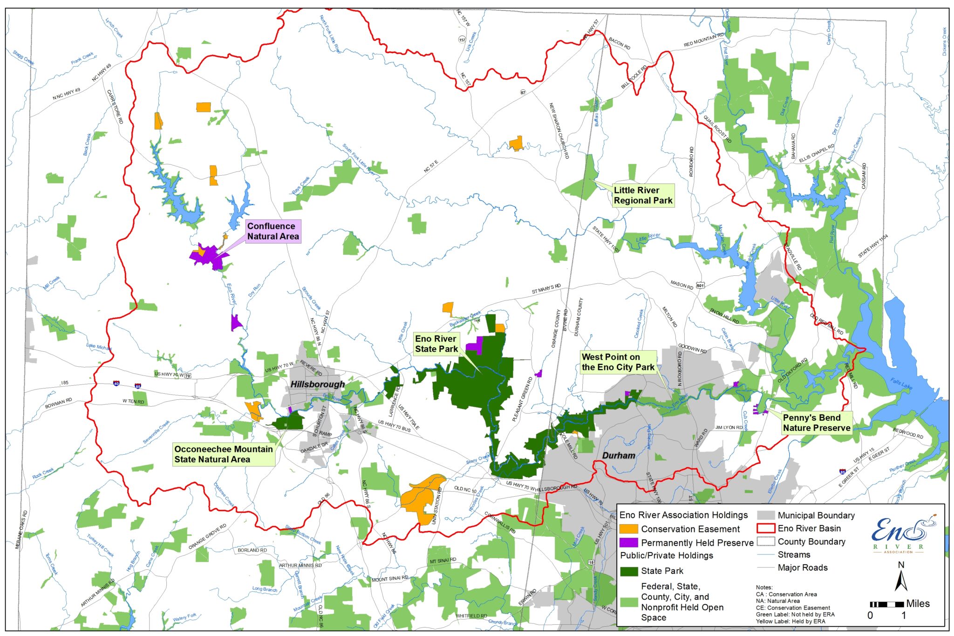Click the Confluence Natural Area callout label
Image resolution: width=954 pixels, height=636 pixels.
[x=273, y=232]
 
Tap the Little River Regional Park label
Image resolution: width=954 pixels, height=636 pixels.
[x=643, y=195]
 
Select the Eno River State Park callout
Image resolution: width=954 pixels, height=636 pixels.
[x=436, y=344]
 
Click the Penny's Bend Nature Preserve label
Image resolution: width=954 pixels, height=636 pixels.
[x=817, y=423]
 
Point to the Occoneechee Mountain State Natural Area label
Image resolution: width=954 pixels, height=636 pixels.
[x=224, y=454]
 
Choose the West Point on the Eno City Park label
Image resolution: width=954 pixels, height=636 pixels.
[x=618, y=362]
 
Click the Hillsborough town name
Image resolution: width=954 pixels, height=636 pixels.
[x=317, y=384]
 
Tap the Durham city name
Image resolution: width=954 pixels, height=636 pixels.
[x=619, y=455]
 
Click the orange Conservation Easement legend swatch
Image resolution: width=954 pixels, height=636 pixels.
[x=628, y=529]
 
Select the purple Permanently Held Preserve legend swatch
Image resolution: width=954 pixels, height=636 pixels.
[x=628, y=543]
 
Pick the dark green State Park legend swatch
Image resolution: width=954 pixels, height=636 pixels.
[x=628, y=571]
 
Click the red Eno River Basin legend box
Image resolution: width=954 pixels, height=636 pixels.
[x=765, y=528]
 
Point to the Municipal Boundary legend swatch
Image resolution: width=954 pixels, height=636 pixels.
[x=765, y=515]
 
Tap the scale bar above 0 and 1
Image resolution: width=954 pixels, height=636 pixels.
[x=887, y=605]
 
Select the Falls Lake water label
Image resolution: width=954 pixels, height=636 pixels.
[x=901, y=383]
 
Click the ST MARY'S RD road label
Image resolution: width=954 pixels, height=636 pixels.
[x=546, y=289]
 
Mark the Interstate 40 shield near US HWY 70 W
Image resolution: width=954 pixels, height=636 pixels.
[x=116, y=383]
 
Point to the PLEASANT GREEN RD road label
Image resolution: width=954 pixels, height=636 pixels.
[x=522, y=400]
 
